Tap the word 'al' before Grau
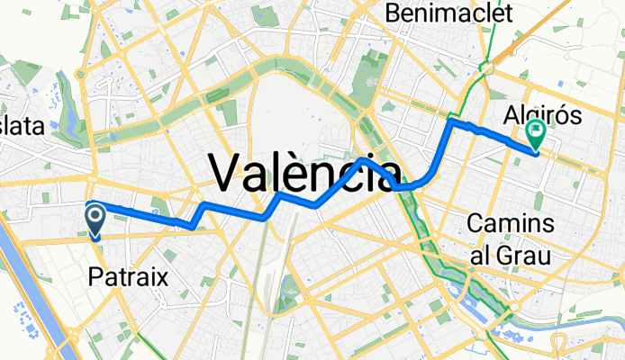pos(483,255)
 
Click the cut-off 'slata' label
pos(22,127)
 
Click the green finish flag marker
pos(536,134)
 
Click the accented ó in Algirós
pos(564,116)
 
